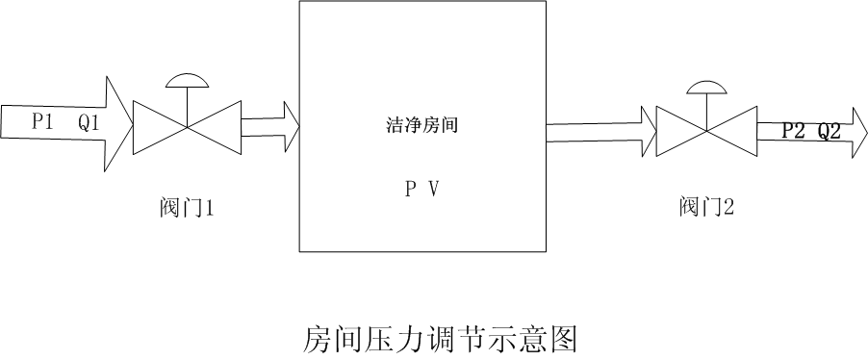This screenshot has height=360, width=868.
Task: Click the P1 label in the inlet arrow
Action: (42, 122)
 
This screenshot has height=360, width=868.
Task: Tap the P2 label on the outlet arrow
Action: (793, 131)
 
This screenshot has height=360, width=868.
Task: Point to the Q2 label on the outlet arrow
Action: (830, 131)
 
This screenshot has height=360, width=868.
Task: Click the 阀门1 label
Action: (187, 208)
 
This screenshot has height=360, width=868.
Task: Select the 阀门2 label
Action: (706, 207)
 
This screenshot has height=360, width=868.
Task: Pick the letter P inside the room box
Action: (411, 190)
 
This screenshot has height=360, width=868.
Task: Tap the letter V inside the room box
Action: (434, 190)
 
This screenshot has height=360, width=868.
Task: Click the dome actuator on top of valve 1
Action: (187, 81)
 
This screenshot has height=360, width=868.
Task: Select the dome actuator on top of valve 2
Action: (705, 88)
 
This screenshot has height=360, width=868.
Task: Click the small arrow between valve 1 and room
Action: (270, 127)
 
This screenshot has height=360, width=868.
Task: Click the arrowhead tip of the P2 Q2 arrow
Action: (867, 133)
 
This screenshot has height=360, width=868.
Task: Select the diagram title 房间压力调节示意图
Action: (441, 340)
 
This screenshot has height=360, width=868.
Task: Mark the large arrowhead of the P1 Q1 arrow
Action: (118, 124)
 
